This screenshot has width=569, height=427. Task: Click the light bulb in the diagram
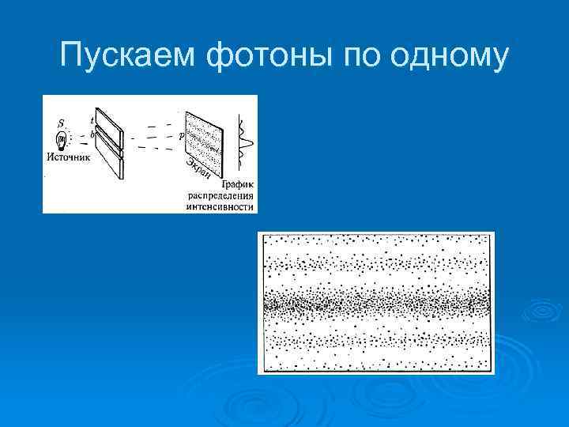coord(62,142)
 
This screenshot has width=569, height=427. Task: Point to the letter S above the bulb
coord(62,123)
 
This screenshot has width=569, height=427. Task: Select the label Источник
coord(69,157)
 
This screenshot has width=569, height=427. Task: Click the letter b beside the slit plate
coord(92,135)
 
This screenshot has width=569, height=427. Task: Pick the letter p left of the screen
coord(181,135)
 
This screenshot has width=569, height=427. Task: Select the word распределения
coord(220,196)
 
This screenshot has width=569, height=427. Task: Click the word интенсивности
coord(220,207)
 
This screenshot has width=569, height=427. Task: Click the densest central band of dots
coord(376,302)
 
